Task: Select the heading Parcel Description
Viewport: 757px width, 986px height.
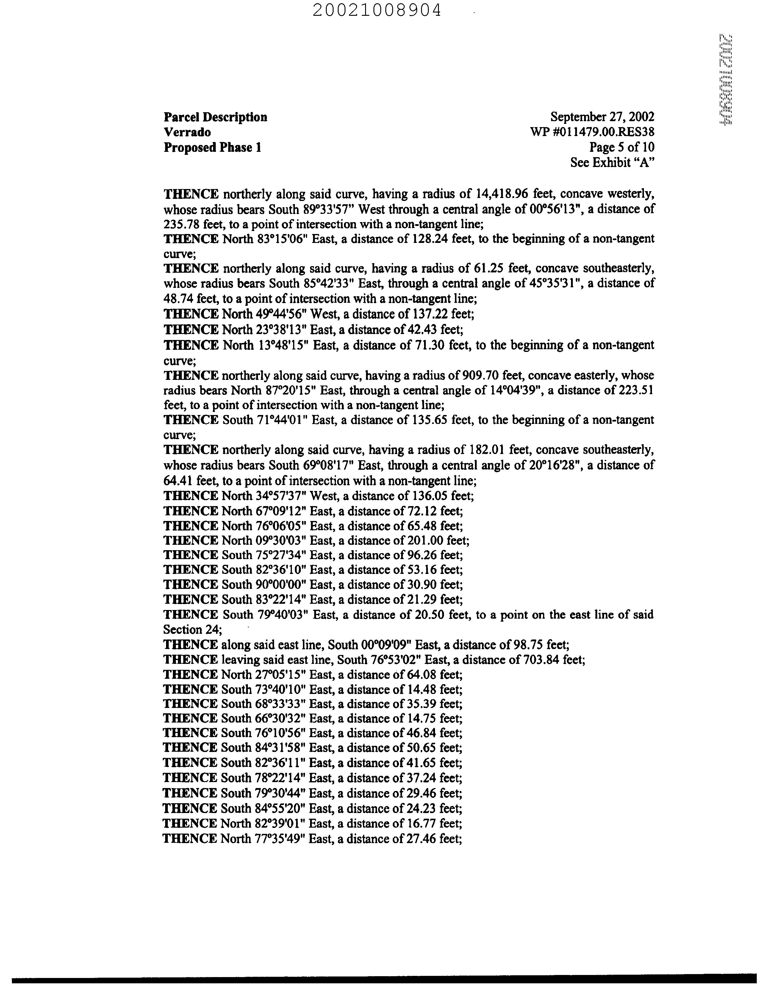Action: tap(215, 117)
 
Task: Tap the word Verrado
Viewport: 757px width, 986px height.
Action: tap(187, 132)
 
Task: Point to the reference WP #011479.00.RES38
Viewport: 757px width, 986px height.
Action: tap(592, 132)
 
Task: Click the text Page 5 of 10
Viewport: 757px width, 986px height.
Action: tap(622, 147)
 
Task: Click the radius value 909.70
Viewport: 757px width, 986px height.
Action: tap(478, 375)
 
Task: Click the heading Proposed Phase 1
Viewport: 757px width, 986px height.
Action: tap(212, 147)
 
